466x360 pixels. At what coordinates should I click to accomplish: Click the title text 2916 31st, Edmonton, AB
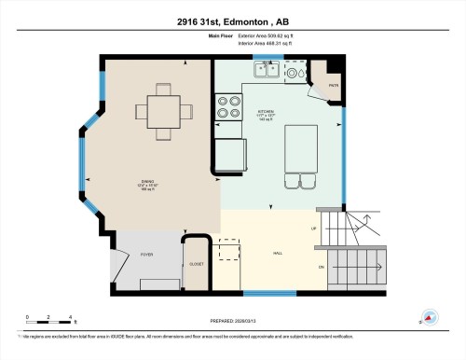(x=233, y=21)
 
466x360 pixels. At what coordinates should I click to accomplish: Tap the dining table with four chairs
(x=163, y=111)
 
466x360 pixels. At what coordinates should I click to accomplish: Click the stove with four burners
(x=227, y=109)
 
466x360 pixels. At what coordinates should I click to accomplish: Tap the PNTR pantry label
(x=333, y=86)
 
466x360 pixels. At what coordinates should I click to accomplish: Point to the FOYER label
(x=146, y=253)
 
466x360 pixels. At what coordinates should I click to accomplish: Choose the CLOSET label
(x=196, y=264)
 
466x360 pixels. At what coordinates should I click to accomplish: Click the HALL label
(x=277, y=253)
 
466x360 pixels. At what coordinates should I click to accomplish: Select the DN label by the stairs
(x=322, y=268)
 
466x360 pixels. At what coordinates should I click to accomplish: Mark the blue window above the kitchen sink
(x=267, y=59)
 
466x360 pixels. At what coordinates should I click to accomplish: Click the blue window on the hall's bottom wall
(x=258, y=294)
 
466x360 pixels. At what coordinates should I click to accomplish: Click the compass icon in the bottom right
(x=430, y=316)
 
